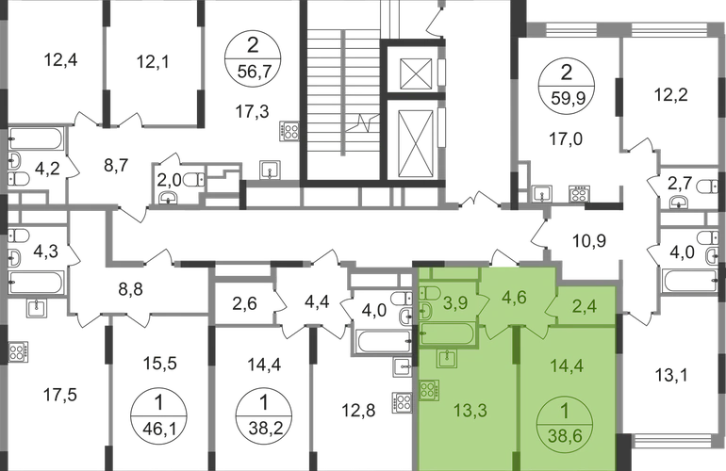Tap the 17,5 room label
coord(57,397)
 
